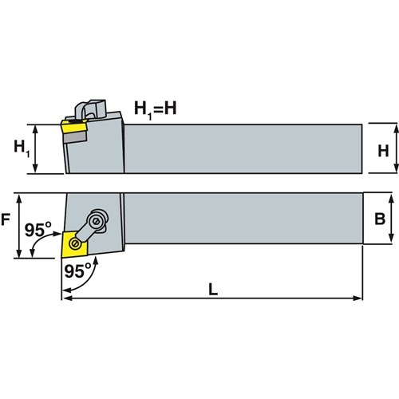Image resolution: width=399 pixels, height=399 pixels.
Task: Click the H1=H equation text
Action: pos(156,110)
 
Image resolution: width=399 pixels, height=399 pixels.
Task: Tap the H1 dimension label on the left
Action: pos(22,148)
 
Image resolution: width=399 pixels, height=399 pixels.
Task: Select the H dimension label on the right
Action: pos(383,151)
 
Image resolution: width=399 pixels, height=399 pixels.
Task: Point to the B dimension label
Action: pos(380,219)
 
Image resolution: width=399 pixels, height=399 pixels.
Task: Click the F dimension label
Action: pos(6,219)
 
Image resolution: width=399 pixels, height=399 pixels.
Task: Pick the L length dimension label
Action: pos(213,290)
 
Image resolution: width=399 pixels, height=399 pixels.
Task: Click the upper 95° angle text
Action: pos(38,229)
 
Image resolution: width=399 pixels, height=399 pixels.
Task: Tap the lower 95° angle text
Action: pos(77,271)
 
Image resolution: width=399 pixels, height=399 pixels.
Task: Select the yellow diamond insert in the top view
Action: pos(75,244)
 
